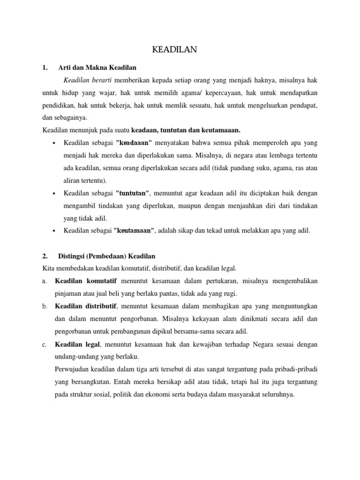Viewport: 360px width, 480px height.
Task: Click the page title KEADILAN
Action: (180, 49)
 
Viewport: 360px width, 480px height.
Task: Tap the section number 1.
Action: (45, 67)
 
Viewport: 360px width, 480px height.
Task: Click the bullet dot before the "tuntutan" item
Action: (55, 194)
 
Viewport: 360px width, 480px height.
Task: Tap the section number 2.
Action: (45, 256)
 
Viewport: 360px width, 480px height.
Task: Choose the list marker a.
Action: (44, 281)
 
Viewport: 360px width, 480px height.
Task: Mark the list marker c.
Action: (44, 345)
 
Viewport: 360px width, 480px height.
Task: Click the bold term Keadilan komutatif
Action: (86, 281)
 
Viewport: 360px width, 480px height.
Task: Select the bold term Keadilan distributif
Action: (85, 306)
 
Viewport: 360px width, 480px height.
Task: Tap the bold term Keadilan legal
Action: (77, 345)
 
